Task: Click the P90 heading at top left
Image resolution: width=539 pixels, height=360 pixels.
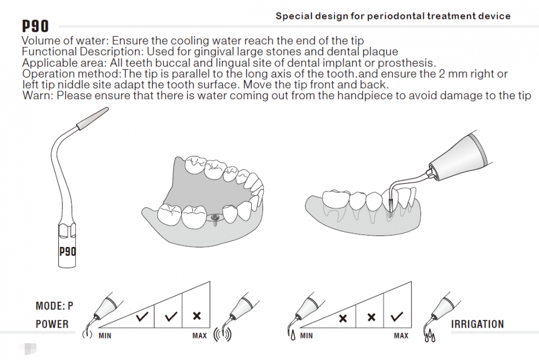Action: pyautogui.click(x=36, y=26)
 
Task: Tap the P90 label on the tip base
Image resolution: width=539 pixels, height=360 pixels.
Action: pyautogui.click(x=67, y=251)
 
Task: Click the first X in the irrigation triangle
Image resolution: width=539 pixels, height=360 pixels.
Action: pyautogui.click(x=342, y=318)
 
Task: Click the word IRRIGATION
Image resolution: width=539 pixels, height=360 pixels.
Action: pyautogui.click(x=478, y=324)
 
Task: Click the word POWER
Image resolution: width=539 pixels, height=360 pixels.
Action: pyautogui.click(x=52, y=324)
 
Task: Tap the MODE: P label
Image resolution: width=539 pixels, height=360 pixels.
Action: pyautogui.click(x=54, y=306)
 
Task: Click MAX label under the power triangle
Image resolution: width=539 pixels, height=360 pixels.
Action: pyautogui.click(x=199, y=336)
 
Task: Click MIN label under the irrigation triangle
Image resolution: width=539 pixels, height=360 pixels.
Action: pyautogui.click(x=306, y=336)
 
